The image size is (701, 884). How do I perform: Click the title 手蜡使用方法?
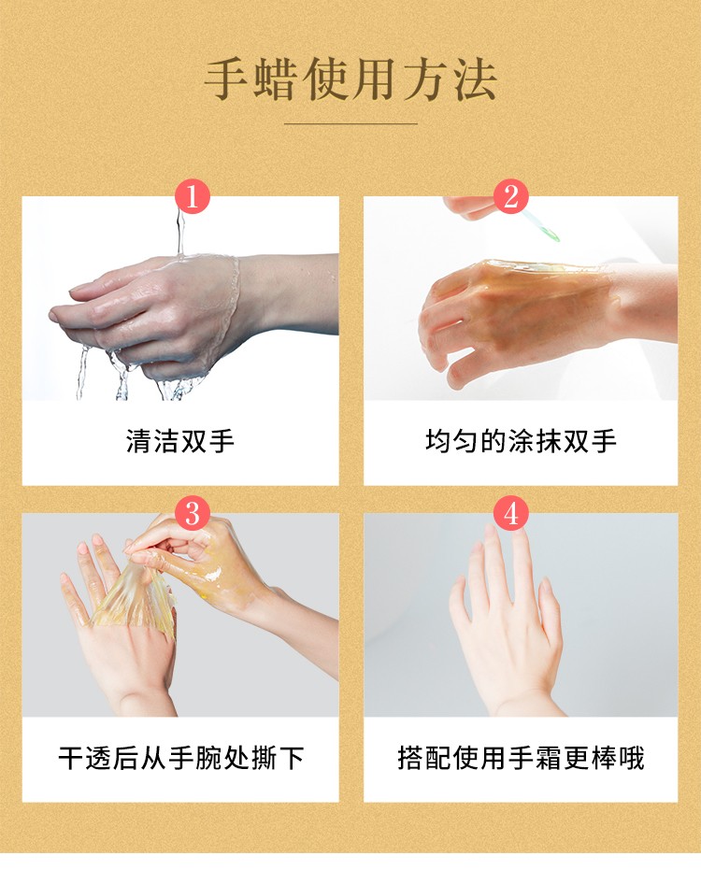[350, 79]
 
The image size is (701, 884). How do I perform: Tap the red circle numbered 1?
[192, 197]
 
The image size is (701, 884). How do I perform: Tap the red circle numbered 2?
[510, 197]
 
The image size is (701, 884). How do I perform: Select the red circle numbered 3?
[192, 514]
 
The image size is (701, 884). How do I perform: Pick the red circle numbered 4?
[510, 514]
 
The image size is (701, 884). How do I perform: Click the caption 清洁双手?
[179, 441]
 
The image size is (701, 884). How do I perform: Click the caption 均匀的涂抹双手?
[521, 441]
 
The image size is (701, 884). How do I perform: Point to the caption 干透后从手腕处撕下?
[181, 758]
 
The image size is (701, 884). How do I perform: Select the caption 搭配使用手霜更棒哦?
[521, 758]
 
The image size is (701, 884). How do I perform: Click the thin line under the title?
[350, 123]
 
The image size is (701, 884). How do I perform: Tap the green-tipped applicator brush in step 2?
[540, 225]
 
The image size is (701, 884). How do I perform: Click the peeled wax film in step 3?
[136, 598]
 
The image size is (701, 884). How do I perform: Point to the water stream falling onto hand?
[180, 231]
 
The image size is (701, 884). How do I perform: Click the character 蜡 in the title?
[276, 79]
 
